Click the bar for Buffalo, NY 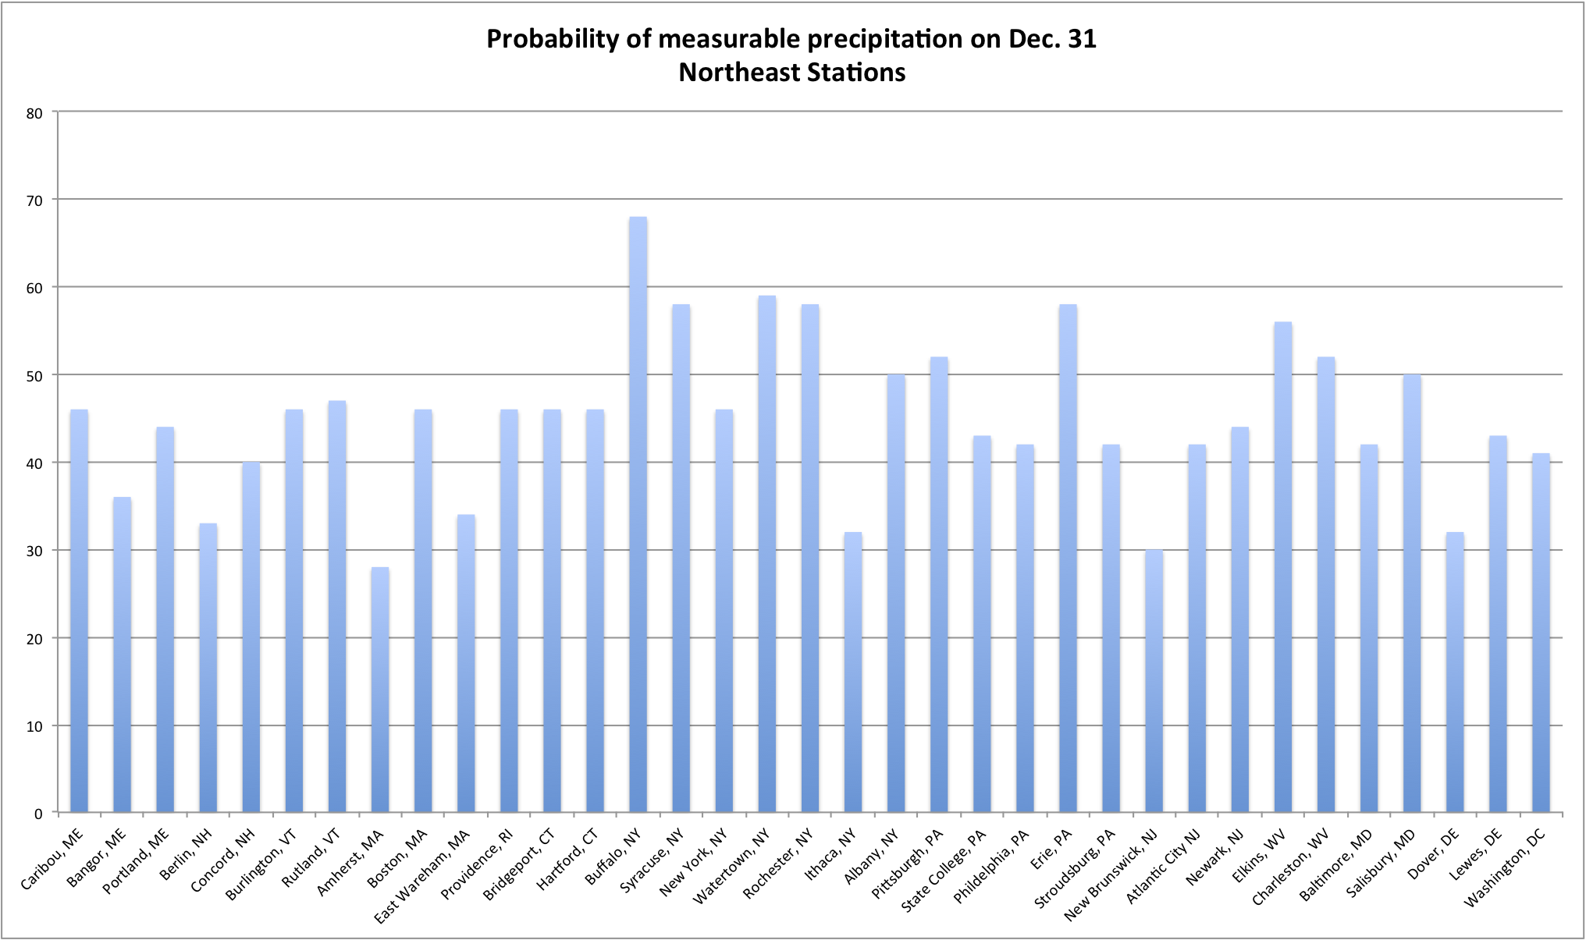(638, 515)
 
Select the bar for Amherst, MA (379, 690)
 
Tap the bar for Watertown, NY (766, 554)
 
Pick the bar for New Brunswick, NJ (1154, 681)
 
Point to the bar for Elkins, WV (1282, 567)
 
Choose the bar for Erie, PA (1068, 559)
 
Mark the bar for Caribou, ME (79, 611)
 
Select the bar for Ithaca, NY (852, 672)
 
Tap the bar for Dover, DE (1455, 672)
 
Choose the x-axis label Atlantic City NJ (1163, 866)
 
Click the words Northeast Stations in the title (791, 73)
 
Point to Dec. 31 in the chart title (1051, 39)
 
